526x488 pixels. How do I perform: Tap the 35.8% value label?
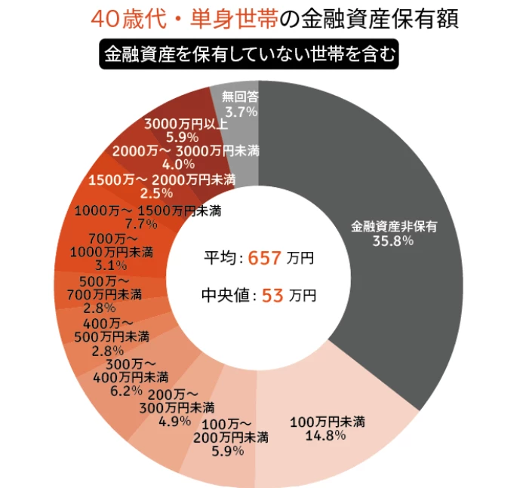(x=393, y=241)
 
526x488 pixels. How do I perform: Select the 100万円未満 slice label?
(x=327, y=422)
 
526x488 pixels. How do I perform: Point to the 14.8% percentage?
(x=325, y=435)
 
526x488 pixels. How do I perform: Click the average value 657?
(x=264, y=258)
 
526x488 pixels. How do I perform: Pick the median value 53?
(x=272, y=296)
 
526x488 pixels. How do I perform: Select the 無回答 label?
(x=240, y=97)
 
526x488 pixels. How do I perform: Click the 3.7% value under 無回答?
(x=241, y=112)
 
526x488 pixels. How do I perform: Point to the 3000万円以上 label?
(x=186, y=124)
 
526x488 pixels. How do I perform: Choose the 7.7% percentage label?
(x=141, y=223)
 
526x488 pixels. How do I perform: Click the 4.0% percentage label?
(x=178, y=164)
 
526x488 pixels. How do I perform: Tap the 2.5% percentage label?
(x=157, y=193)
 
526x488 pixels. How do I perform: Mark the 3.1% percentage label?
(x=111, y=265)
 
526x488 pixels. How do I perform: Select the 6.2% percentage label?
(x=126, y=391)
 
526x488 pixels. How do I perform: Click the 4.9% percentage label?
(x=175, y=421)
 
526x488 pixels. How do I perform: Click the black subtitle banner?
(x=249, y=54)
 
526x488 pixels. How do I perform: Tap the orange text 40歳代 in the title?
(x=129, y=19)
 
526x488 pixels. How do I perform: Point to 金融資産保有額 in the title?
(x=380, y=19)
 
